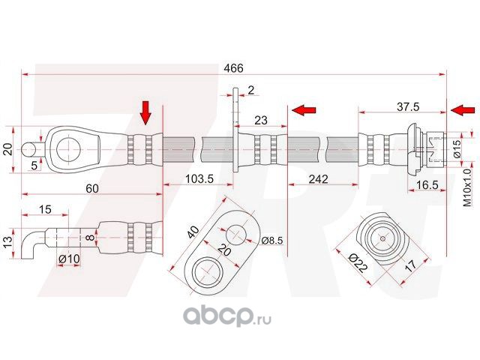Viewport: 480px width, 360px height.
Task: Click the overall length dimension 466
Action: pyautogui.click(x=233, y=68)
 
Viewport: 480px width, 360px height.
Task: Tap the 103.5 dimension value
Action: pyautogui.click(x=199, y=178)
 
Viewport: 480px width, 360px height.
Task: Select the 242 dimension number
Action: pyautogui.click(x=318, y=178)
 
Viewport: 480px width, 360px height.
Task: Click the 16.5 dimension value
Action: pyautogui.click(x=427, y=185)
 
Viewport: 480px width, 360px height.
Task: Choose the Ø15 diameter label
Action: pyautogui.click(x=456, y=148)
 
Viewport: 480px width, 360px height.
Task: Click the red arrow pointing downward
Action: pyautogui.click(x=145, y=112)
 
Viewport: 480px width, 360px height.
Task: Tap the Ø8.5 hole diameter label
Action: pyautogui.click(x=272, y=240)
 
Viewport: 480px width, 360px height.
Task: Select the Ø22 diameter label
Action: pyautogui.click(x=358, y=262)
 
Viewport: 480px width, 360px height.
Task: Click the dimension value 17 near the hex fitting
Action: pyautogui.click(x=411, y=265)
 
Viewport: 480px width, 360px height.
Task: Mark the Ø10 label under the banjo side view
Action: pyautogui.click(x=69, y=259)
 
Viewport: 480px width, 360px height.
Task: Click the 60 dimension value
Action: pyautogui.click(x=91, y=188)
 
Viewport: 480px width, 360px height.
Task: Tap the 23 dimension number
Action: pyautogui.click(x=260, y=120)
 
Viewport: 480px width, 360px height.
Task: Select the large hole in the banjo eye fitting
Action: pyautogui.click(x=68, y=150)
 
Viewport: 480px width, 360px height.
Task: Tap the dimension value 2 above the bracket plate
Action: pyautogui.click(x=251, y=90)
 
